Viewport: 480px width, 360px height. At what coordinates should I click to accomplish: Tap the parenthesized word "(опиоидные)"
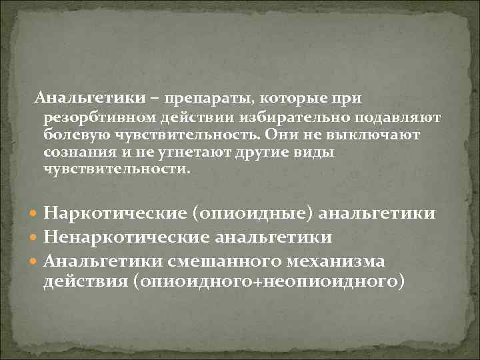coord(253,214)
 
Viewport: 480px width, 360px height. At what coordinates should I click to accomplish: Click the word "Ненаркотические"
coord(126,238)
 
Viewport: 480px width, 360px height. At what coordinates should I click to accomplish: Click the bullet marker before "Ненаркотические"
coord(35,238)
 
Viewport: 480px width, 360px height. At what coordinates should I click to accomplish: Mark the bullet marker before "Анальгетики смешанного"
coord(35,261)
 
